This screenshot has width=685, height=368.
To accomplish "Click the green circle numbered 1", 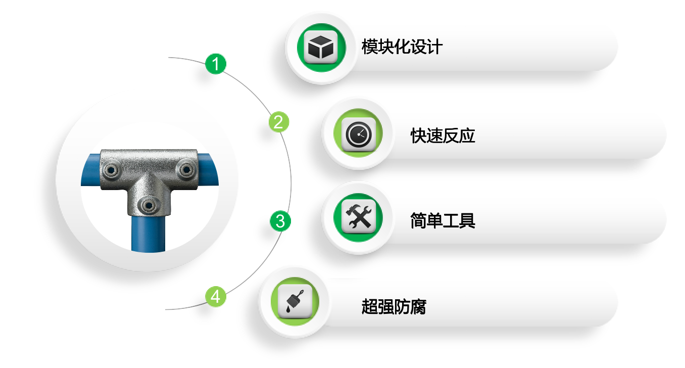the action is click(x=216, y=64).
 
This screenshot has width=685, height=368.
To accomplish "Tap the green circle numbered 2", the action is click(x=279, y=122).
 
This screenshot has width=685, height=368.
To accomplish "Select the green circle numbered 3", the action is click(x=280, y=221).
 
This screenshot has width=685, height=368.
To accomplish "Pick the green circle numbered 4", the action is click(x=216, y=296).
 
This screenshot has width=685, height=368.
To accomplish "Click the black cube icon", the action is click(x=321, y=47).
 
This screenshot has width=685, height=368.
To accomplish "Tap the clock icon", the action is click(x=358, y=134).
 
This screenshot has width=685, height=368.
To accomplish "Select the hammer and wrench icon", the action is click(x=358, y=217).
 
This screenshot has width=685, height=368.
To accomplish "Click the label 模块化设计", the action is click(x=402, y=47).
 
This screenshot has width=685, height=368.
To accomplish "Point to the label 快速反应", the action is click(x=443, y=135).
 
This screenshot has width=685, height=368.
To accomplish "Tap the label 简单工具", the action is click(x=443, y=220).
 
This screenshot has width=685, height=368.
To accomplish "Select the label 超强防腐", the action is click(x=394, y=306).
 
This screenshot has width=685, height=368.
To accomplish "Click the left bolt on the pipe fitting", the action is click(x=111, y=170).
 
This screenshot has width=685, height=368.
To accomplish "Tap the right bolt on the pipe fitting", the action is click(x=186, y=169).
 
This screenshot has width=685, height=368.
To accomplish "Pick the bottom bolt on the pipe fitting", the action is click(x=149, y=205).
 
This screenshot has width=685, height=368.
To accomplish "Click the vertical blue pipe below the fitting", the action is click(x=149, y=234).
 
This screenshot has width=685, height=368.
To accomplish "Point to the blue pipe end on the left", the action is click(x=91, y=170).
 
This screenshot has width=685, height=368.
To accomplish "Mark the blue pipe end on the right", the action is click(x=208, y=169).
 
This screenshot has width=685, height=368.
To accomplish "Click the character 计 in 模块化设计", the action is click(x=434, y=47).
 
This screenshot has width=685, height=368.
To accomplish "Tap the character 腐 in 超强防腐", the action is click(x=418, y=306).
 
